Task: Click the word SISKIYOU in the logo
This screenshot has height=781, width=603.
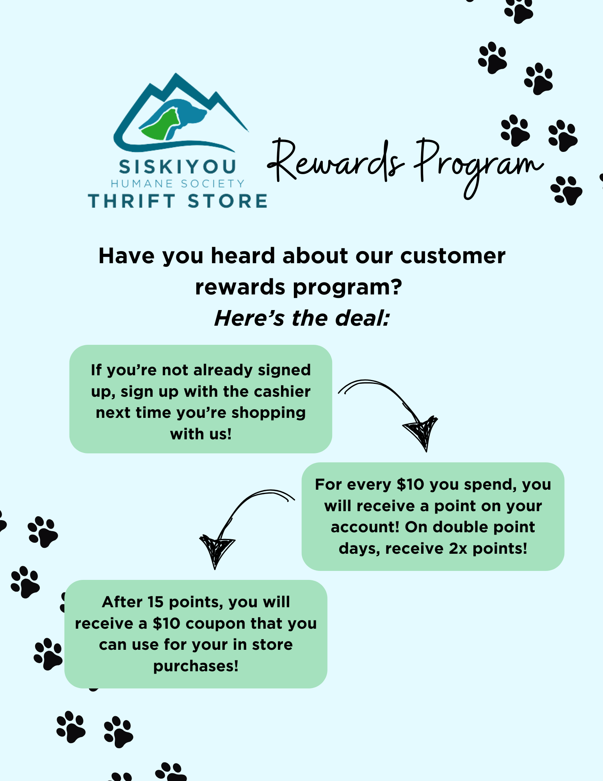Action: tap(178, 167)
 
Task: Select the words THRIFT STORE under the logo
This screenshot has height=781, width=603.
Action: tap(178, 201)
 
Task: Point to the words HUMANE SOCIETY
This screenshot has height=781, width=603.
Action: tap(178, 184)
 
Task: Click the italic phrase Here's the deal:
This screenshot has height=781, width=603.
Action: tap(302, 318)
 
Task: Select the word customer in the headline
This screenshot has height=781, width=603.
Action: tap(453, 256)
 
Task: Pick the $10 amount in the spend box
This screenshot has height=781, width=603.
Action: tap(410, 485)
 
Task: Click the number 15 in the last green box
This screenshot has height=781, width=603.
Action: tap(155, 602)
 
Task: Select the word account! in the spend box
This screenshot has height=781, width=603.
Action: tap(365, 527)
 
